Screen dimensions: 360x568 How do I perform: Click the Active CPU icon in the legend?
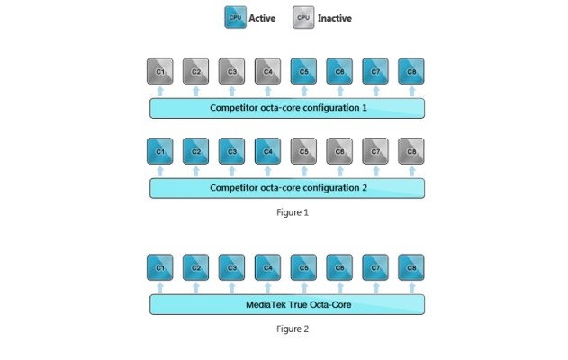[235, 17]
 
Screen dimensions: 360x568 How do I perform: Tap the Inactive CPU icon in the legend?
[303, 17]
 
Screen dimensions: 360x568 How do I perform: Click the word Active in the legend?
[262, 18]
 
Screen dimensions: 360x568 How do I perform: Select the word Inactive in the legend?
[335, 18]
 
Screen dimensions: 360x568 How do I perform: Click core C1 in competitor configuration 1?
[159, 71]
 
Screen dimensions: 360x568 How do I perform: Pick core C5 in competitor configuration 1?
[303, 71]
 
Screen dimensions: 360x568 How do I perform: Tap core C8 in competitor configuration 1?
[410, 71]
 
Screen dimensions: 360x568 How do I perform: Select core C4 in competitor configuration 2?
[267, 150]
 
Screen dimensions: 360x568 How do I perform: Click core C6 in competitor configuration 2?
[339, 150]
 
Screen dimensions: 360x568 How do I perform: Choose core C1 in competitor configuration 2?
[159, 150]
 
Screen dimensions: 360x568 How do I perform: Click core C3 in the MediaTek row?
[231, 267]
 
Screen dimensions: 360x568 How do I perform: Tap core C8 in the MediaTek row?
[410, 267]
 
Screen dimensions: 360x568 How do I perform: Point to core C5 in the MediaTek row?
[303, 267]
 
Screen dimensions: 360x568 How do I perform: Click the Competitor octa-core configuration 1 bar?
[286, 108]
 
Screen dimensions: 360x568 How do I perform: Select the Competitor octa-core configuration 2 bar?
[286, 187]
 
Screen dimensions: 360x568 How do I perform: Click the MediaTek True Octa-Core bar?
[286, 304]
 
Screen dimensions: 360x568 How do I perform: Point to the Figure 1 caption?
[293, 212]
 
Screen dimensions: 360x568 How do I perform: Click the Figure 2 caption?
[293, 328]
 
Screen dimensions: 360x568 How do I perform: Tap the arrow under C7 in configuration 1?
[375, 91]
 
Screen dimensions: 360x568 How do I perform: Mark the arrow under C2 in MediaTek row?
[195, 287]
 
